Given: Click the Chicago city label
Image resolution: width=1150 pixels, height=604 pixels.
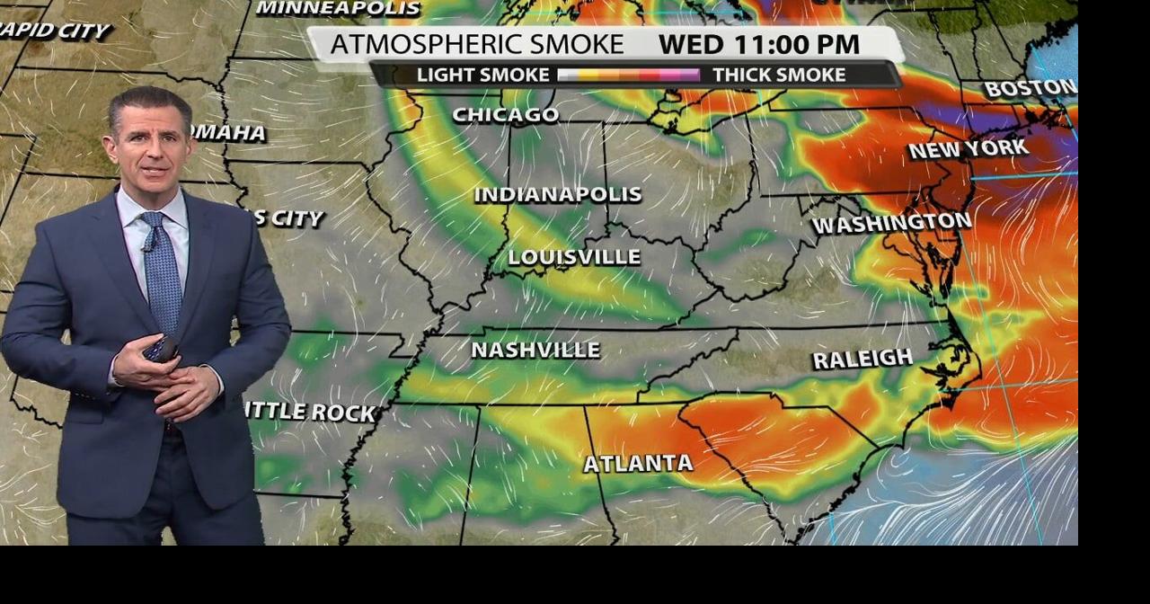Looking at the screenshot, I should tap(505, 115).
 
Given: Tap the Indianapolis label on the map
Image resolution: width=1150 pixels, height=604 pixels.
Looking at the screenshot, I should tap(558, 194).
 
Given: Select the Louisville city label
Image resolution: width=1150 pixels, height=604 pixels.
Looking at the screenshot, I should tap(574, 257).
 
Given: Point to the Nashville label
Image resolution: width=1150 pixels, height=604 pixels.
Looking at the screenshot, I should tap(535, 350).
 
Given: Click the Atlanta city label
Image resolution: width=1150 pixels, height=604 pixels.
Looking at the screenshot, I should tap(638, 464).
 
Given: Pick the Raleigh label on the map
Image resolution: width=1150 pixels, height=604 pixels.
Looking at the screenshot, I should tap(862, 359).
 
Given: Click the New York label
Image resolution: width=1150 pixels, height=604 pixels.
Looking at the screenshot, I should tap(968, 148).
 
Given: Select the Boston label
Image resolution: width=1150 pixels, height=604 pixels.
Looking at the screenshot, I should tap(1030, 88).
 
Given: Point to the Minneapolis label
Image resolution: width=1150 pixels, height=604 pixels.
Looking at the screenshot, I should tap(338, 8).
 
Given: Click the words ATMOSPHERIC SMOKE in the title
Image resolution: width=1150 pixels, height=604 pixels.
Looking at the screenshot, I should tap(476, 44).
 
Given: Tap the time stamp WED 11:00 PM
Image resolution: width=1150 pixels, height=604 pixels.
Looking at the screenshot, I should tap(758, 44).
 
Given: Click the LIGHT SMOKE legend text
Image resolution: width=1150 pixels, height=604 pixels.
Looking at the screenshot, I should tap(482, 75).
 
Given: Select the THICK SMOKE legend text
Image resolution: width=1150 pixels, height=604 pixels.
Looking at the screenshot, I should tap(779, 75).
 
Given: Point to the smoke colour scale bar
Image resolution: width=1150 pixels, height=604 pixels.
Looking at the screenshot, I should tap(628, 75).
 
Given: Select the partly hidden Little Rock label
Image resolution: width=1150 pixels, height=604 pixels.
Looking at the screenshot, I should tap(310, 413).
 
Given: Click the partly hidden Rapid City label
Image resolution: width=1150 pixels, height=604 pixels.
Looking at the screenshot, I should tap(54, 31).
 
